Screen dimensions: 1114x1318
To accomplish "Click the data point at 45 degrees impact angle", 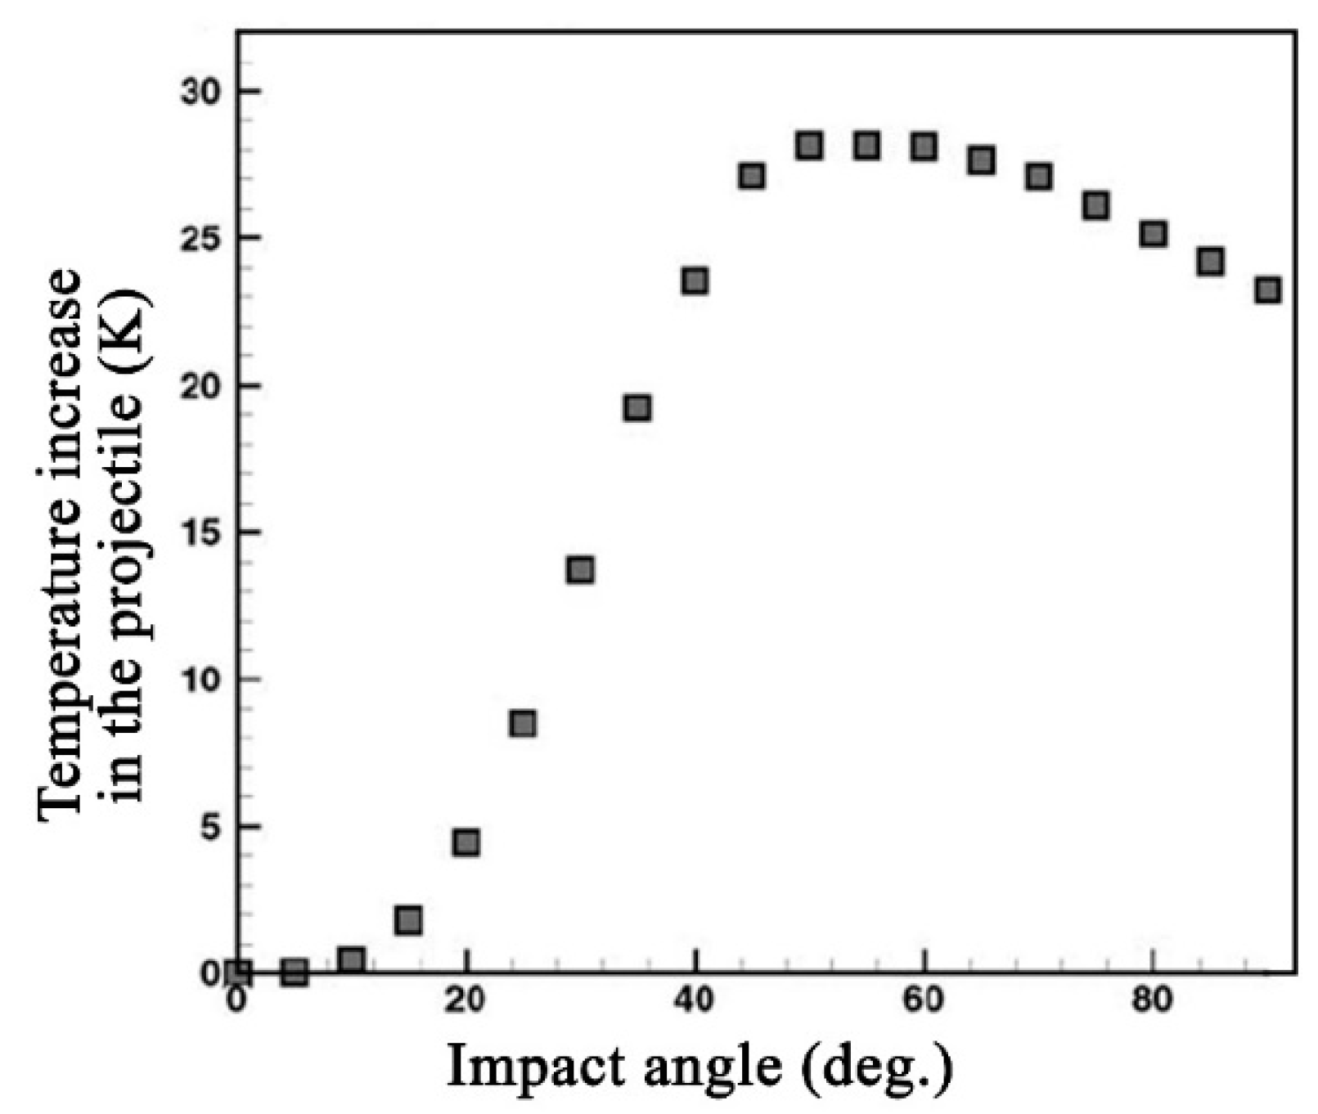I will [751, 176].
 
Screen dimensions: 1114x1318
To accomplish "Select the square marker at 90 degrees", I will [1267, 290].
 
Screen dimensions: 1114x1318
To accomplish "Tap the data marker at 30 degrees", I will [580, 569].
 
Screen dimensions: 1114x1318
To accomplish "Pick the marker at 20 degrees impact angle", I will [466, 842].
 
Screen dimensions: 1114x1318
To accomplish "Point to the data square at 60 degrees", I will [924, 146].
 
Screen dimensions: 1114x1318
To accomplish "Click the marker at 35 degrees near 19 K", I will [637, 407].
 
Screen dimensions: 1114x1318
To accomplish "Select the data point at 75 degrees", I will [1095, 205].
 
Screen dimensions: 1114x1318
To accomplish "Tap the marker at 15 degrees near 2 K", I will [407, 920].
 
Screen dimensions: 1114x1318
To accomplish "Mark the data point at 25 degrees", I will [522, 723].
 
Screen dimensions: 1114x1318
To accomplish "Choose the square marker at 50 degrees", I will [808, 146].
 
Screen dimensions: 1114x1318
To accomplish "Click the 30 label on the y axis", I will [200, 91].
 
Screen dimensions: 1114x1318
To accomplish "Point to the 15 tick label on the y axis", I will [200, 532].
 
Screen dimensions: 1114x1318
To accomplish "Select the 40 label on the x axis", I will [695, 999].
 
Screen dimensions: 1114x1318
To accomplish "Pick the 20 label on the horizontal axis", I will [466, 999].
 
